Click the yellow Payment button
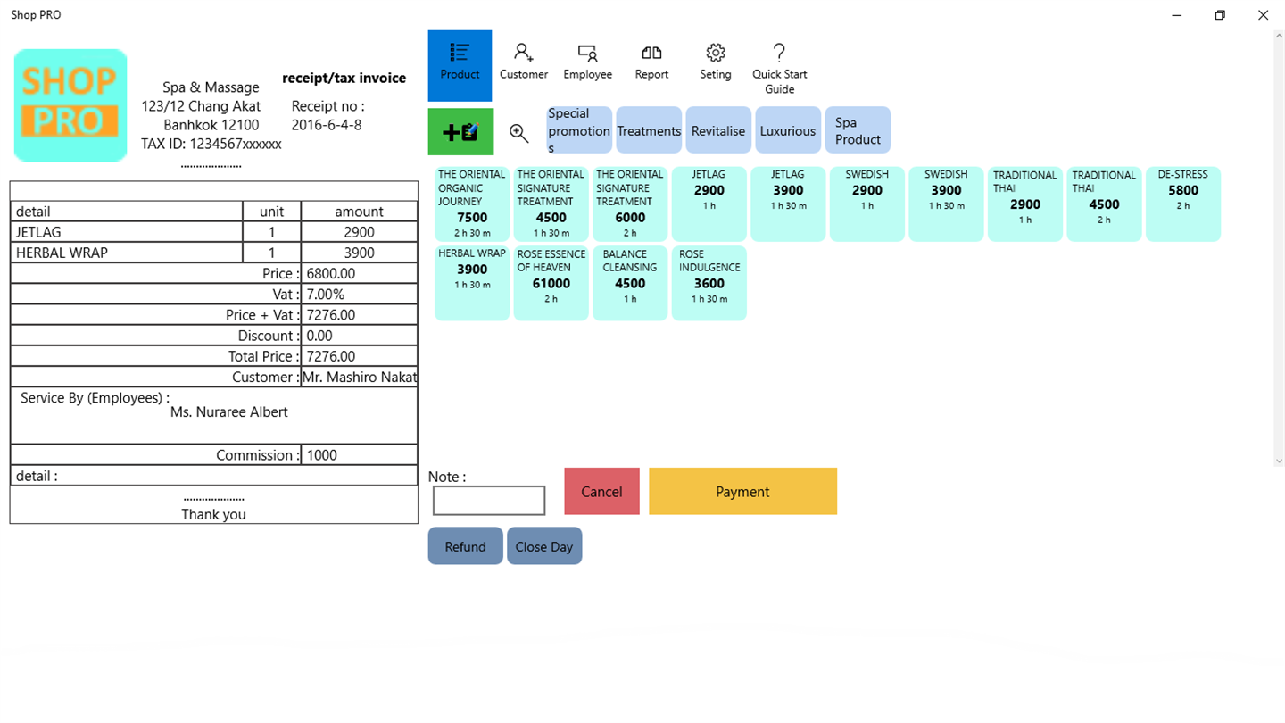pos(742,491)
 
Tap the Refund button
pos(465,545)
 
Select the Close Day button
pos(543,545)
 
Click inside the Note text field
pos(489,501)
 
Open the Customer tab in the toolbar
pos(523,62)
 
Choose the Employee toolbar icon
pos(587,62)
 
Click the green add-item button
pos(460,131)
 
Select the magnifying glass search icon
pos(519,133)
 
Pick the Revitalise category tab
pos(718,130)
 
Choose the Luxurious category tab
pos(788,130)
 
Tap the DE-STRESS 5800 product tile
pos(1183,204)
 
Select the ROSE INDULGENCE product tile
pos(709,283)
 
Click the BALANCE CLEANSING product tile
pos(630,283)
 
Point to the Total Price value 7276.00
pos(331,356)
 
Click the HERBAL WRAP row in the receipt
pos(213,253)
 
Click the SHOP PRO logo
pos(70,105)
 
